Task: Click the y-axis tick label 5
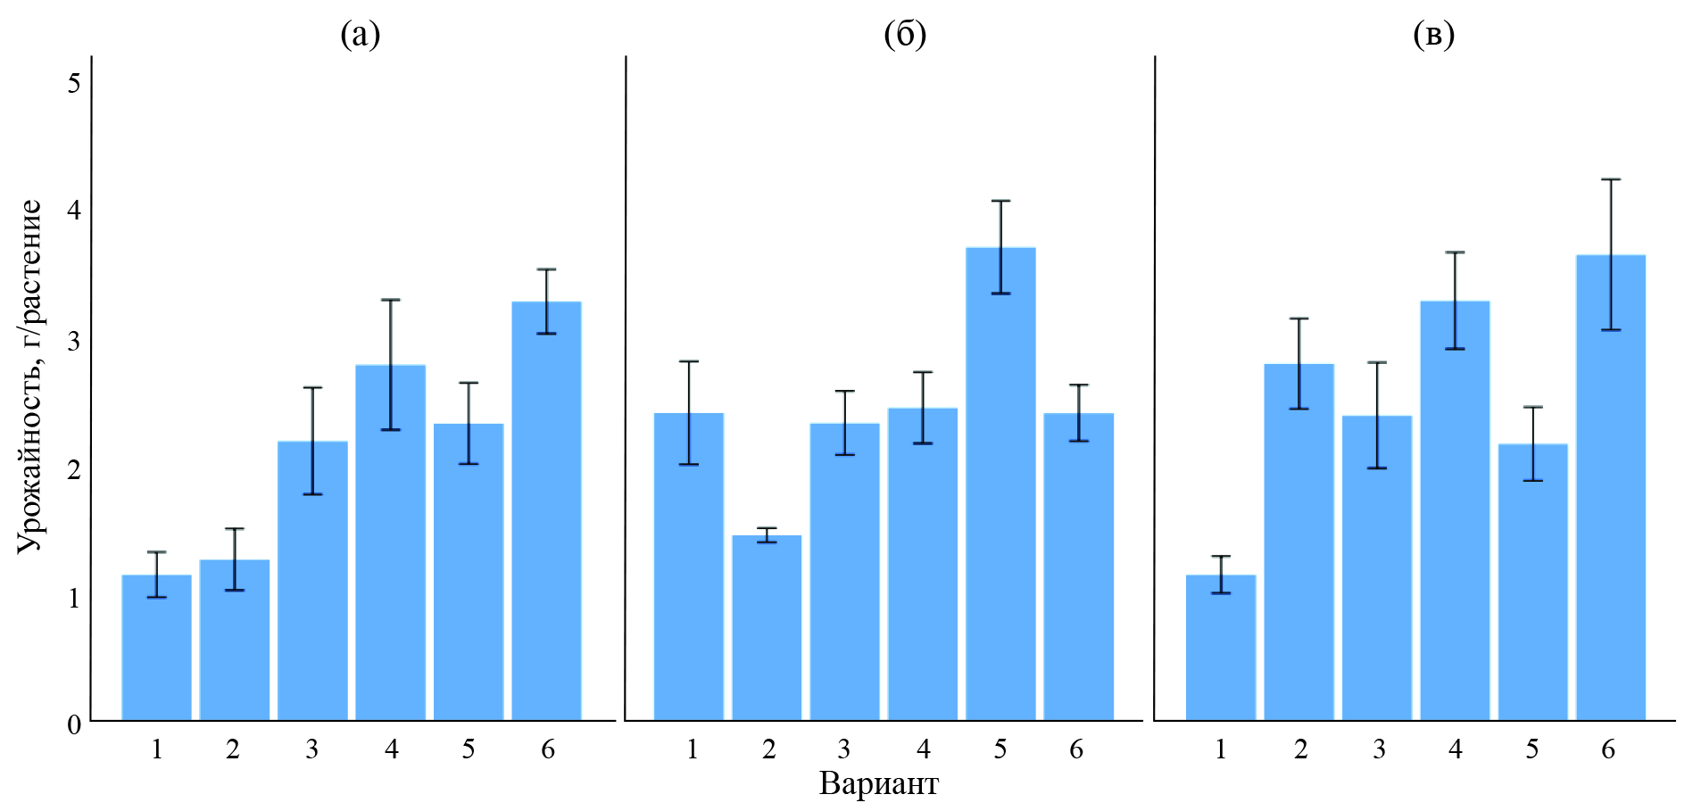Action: point(74,83)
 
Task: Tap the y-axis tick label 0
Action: point(74,724)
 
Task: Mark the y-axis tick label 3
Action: point(74,341)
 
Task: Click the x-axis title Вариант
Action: point(878,784)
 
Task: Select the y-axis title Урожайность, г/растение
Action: point(29,376)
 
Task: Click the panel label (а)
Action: point(361,35)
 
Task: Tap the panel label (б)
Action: point(905,35)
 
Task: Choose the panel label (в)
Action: point(1434,35)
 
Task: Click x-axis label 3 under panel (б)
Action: point(843,749)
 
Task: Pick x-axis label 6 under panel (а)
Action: point(548,749)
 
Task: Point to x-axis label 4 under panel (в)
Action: point(1456,749)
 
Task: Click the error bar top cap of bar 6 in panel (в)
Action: point(1610,180)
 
